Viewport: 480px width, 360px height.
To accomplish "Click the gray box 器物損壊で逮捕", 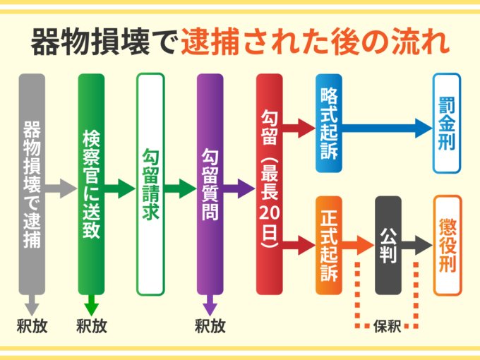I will click(x=32, y=184).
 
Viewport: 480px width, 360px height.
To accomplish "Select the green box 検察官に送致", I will click(x=91, y=184).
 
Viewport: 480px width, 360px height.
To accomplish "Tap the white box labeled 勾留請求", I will click(x=150, y=184).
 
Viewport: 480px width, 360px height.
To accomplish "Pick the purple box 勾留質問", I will click(x=210, y=184).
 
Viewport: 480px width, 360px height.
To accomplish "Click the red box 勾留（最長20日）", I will click(x=269, y=184).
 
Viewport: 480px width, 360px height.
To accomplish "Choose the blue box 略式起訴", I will click(x=328, y=124).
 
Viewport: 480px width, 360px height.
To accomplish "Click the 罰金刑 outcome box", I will click(x=447, y=124).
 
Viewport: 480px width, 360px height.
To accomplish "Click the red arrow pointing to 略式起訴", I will click(x=299, y=128).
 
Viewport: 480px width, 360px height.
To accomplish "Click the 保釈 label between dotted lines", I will click(x=388, y=326).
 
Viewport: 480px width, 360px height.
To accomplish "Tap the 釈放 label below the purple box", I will click(x=210, y=326).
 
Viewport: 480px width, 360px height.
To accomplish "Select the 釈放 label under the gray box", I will click(x=32, y=326).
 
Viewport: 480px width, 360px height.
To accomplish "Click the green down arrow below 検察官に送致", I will click(x=91, y=306).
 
